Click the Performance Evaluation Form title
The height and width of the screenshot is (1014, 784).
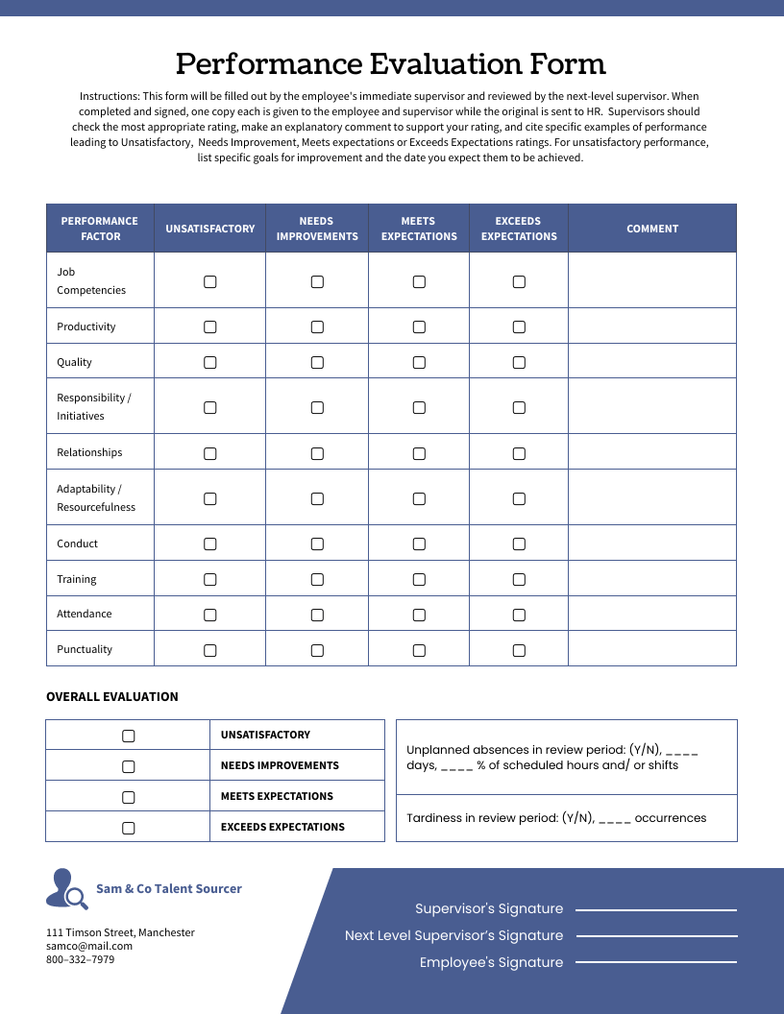pyautogui.click(x=391, y=64)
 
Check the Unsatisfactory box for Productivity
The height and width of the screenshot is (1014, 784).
pyautogui.click(x=210, y=326)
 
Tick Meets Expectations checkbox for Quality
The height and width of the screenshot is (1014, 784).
pyautogui.click(x=419, y=362)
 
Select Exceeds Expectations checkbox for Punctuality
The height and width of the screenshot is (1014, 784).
pyautogui.click(x=519, y=650)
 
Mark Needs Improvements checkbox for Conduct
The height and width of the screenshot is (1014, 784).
pyautogui.click(x=317, y=543)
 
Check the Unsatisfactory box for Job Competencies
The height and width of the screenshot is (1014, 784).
pyautogui.click(x=210, y=281)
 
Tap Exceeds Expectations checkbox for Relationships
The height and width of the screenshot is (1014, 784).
pyautogui.click(x=519, y=453)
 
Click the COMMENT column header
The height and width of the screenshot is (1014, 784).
pyautogui.click(x=652, y=229)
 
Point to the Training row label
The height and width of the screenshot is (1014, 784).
pyautogui.click(x=77, y=579)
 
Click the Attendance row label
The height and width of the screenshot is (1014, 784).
pyautogui.click(x=85, y=614)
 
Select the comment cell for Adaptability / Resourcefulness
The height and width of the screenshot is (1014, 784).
pyautogui.click(x=652, y=497)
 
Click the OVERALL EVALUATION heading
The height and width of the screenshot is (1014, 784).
pyautogui.click(x=112, y=697)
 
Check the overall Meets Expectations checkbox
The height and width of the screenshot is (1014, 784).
pyautogui.click(x=129, y=797)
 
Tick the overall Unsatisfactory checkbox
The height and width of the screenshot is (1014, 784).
pyautogui.click(x=129, y=736)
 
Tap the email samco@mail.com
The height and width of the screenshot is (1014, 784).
pyautogui.click(x=89, y=946)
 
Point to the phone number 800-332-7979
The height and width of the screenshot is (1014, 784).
pyautogui.click(x=81, y=959)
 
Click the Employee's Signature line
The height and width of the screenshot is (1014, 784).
pyautogui.click(x=656, y=963)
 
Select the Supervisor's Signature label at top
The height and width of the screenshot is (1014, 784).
pyautogui.click(x=489, y=908)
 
